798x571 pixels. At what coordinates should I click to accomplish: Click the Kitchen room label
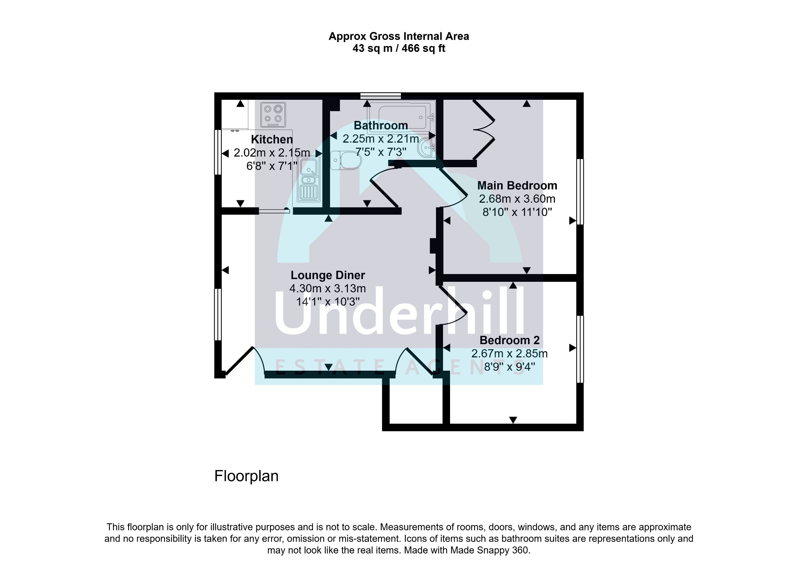tap(272, 139)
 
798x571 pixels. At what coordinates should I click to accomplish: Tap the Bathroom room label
tap(381, 126)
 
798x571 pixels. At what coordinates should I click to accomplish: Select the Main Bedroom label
tap(517, 186)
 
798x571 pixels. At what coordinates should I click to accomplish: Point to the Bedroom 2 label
tap(510, 340)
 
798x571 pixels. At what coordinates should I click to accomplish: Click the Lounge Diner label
tap(328, 275)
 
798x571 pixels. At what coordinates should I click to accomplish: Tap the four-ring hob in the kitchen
tap(273, 115)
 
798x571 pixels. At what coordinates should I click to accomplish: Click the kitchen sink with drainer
tap(309, 179)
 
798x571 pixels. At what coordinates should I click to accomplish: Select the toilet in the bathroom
tap(344, 160)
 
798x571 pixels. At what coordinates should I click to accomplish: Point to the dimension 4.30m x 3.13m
tap(327, 288)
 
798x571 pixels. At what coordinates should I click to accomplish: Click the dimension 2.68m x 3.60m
tap(517, 199)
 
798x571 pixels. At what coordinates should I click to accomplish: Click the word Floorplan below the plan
tap(246, 476)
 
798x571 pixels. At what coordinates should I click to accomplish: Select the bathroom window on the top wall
tap(381, 95)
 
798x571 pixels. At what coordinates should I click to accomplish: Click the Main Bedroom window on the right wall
tap(580, 191)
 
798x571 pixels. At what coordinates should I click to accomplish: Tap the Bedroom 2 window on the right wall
tap(580, 349)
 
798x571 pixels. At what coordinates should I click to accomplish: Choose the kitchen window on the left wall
tap(218, 152)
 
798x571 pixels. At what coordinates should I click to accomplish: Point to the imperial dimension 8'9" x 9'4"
tap(510, 367)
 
